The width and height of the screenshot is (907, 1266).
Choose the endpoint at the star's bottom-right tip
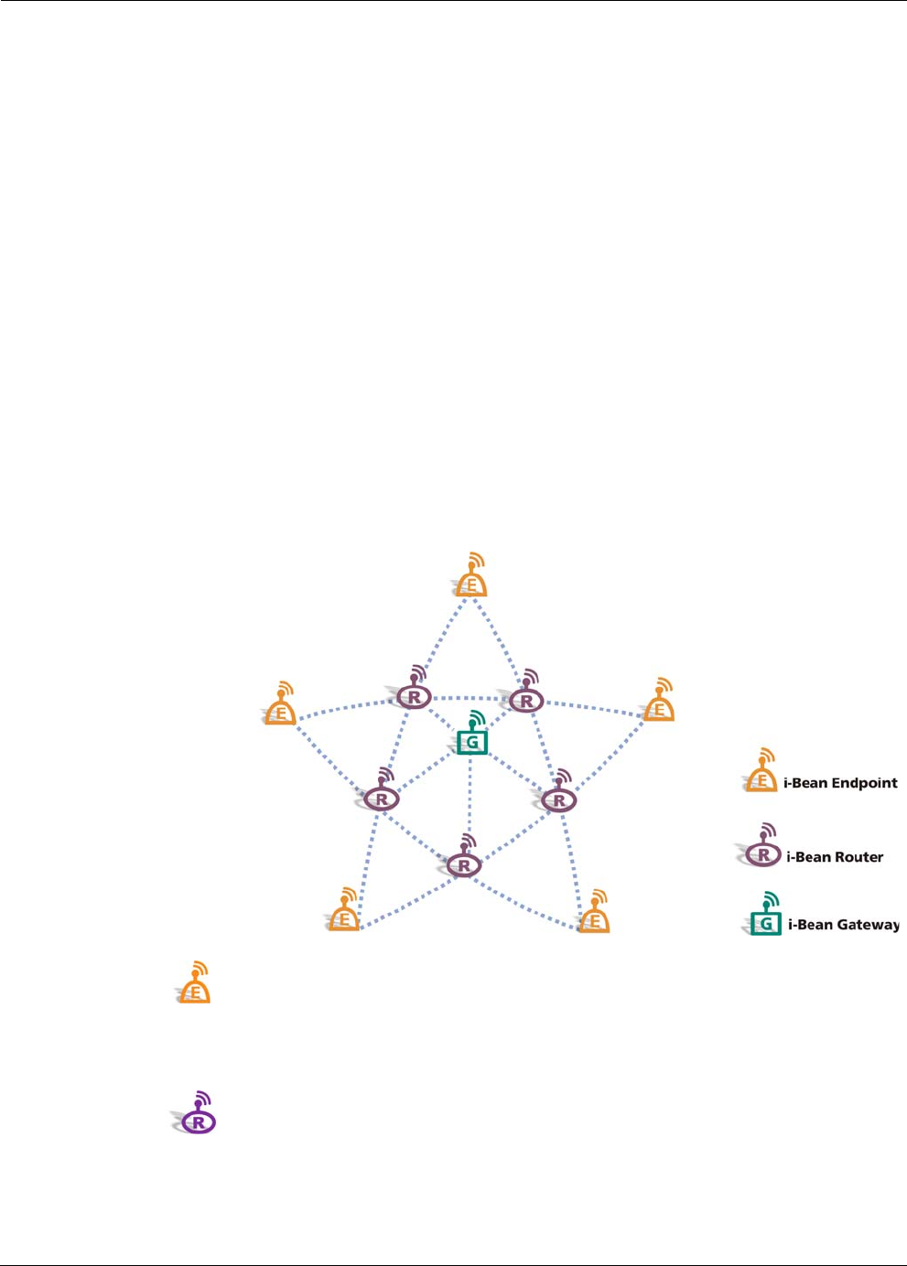tap(595, 917)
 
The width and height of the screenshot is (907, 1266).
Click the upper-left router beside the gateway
tap(415, 697)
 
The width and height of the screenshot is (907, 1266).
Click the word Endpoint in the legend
tap(864, 783)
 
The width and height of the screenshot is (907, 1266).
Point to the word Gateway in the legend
tap(868, 925)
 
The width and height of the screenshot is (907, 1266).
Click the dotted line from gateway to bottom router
tap(469, 796)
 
